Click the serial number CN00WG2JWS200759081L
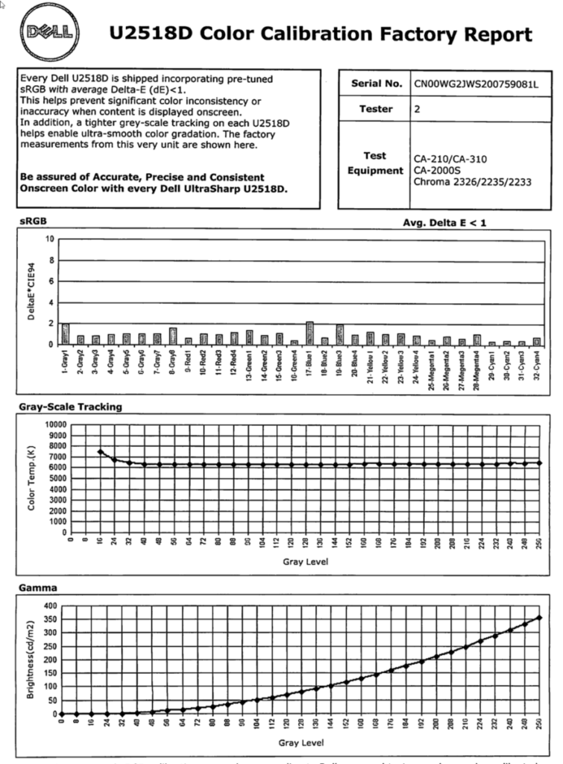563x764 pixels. coord(476,84)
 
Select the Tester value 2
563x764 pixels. coord(418,109)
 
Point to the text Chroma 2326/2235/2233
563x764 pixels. coord(472,181)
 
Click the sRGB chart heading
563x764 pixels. coord(31,222)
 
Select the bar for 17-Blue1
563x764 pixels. coord(309,333)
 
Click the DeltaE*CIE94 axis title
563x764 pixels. coord(31,291)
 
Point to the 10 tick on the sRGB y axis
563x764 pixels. coord(50,239)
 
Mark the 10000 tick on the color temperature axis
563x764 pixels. coord(55,424)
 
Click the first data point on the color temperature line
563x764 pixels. coord(100,451)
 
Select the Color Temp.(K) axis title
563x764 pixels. coord(31,478)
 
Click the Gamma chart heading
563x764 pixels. coord(33,588)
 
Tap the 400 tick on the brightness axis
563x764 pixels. coord(49,605)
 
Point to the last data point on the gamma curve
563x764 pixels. coord(539,618)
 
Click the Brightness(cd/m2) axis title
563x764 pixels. coord(31,660)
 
